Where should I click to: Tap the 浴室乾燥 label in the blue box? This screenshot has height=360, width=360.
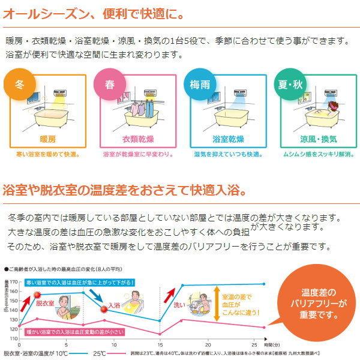coord(224,139)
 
